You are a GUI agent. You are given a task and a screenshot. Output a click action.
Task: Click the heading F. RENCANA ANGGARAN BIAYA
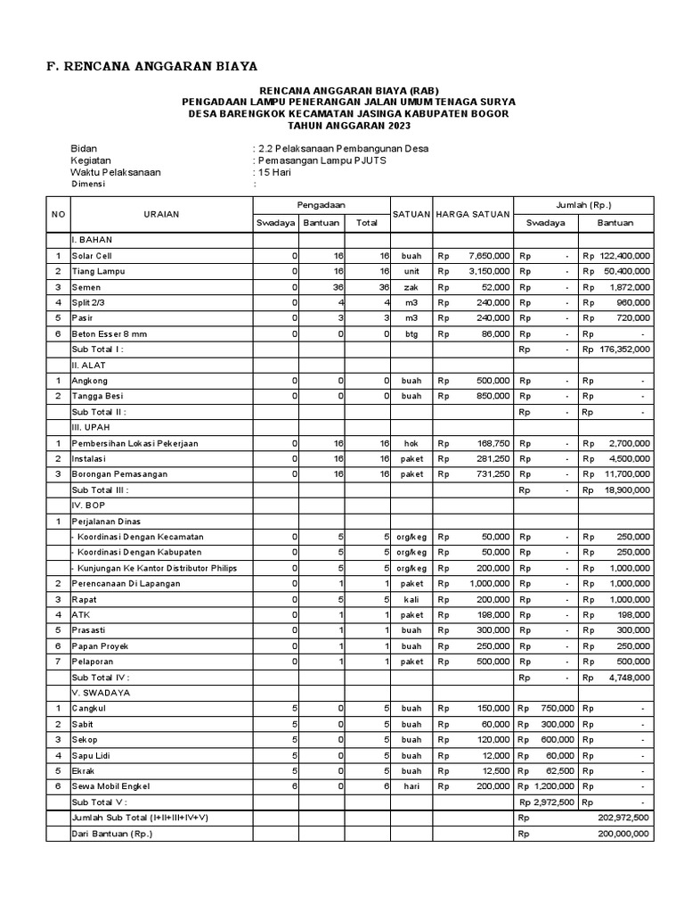pyautogui.click(x=151, y=66)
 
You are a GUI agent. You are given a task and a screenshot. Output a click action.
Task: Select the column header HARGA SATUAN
pyautogui.click(x=472, y=214)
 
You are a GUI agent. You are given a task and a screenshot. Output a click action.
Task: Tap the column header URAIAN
pyautogui.click(x=161, y=214)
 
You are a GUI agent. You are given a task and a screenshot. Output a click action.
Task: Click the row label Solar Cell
pyautogui.click(x=93, y=255)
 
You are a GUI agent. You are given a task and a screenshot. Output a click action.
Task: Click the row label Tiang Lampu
pyautogui.click(x=96, y=270)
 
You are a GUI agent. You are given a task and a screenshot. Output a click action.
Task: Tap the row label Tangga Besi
pyautogui.click(x=97, y=396)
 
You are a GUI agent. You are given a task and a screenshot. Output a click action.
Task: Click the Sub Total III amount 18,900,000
pyautogui.click(x=627, y=489)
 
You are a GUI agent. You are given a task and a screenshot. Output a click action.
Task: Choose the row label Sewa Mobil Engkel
pyautogui.click(x=112, y=786)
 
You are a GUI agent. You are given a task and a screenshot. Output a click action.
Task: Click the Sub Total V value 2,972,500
pyautogui.click(x=553, y=802)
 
